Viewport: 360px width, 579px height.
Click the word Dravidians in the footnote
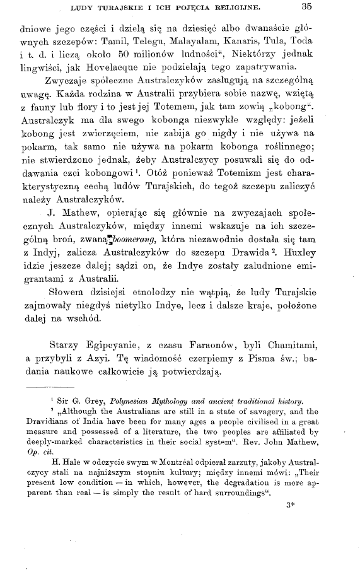[x=40, y=422]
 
